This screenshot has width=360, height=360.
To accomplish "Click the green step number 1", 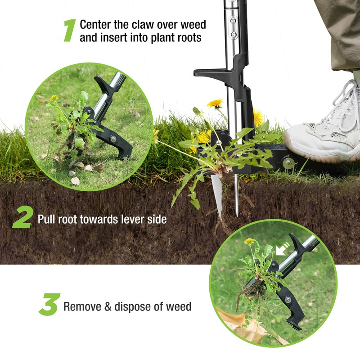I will [69, 31].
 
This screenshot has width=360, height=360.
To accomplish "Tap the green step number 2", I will [22, 218].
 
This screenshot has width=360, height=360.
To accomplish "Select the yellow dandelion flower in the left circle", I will [54, 98].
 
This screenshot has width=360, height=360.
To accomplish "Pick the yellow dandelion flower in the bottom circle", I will [249, 242].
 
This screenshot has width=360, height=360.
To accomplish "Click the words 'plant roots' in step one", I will [175, 38].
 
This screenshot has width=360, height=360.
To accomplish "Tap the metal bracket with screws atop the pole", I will [232, 27].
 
